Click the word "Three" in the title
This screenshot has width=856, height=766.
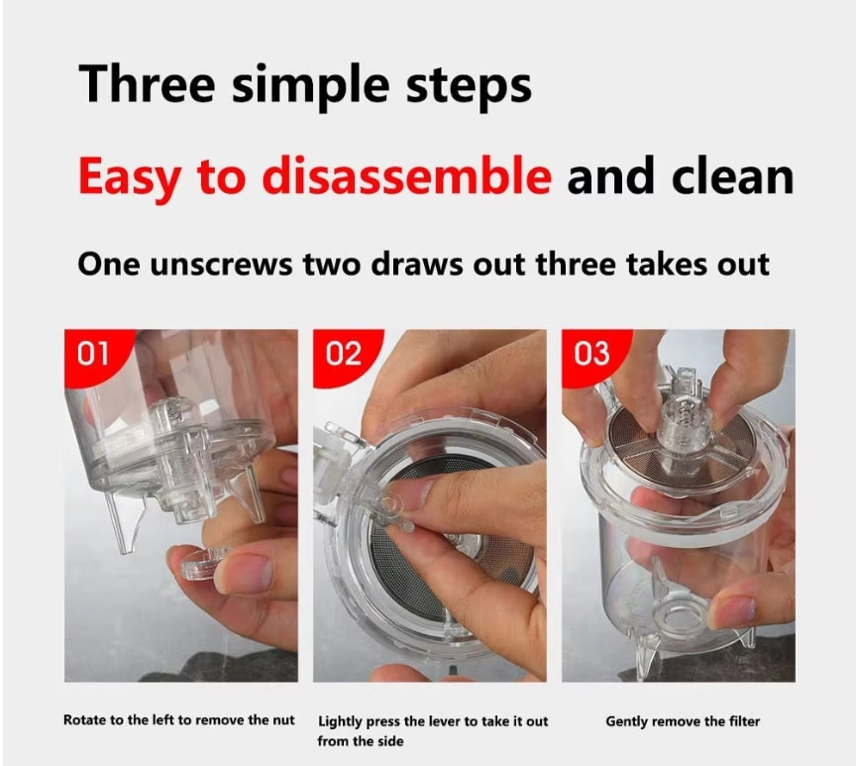[147, 83]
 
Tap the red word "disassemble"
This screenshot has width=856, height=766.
[407, 175]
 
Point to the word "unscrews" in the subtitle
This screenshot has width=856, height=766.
[221, 266]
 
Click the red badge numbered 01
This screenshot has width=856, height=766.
[93, 354]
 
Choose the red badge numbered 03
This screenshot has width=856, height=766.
[591, 354]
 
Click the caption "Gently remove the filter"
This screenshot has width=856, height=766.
[683, 721]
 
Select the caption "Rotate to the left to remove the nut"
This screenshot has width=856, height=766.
[179, 720]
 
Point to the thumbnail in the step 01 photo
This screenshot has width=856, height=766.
[244, 574]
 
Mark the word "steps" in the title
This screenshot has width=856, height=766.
[469, 86]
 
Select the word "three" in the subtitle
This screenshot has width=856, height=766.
[576, 265]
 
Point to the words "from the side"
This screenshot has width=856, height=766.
[361, 741]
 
